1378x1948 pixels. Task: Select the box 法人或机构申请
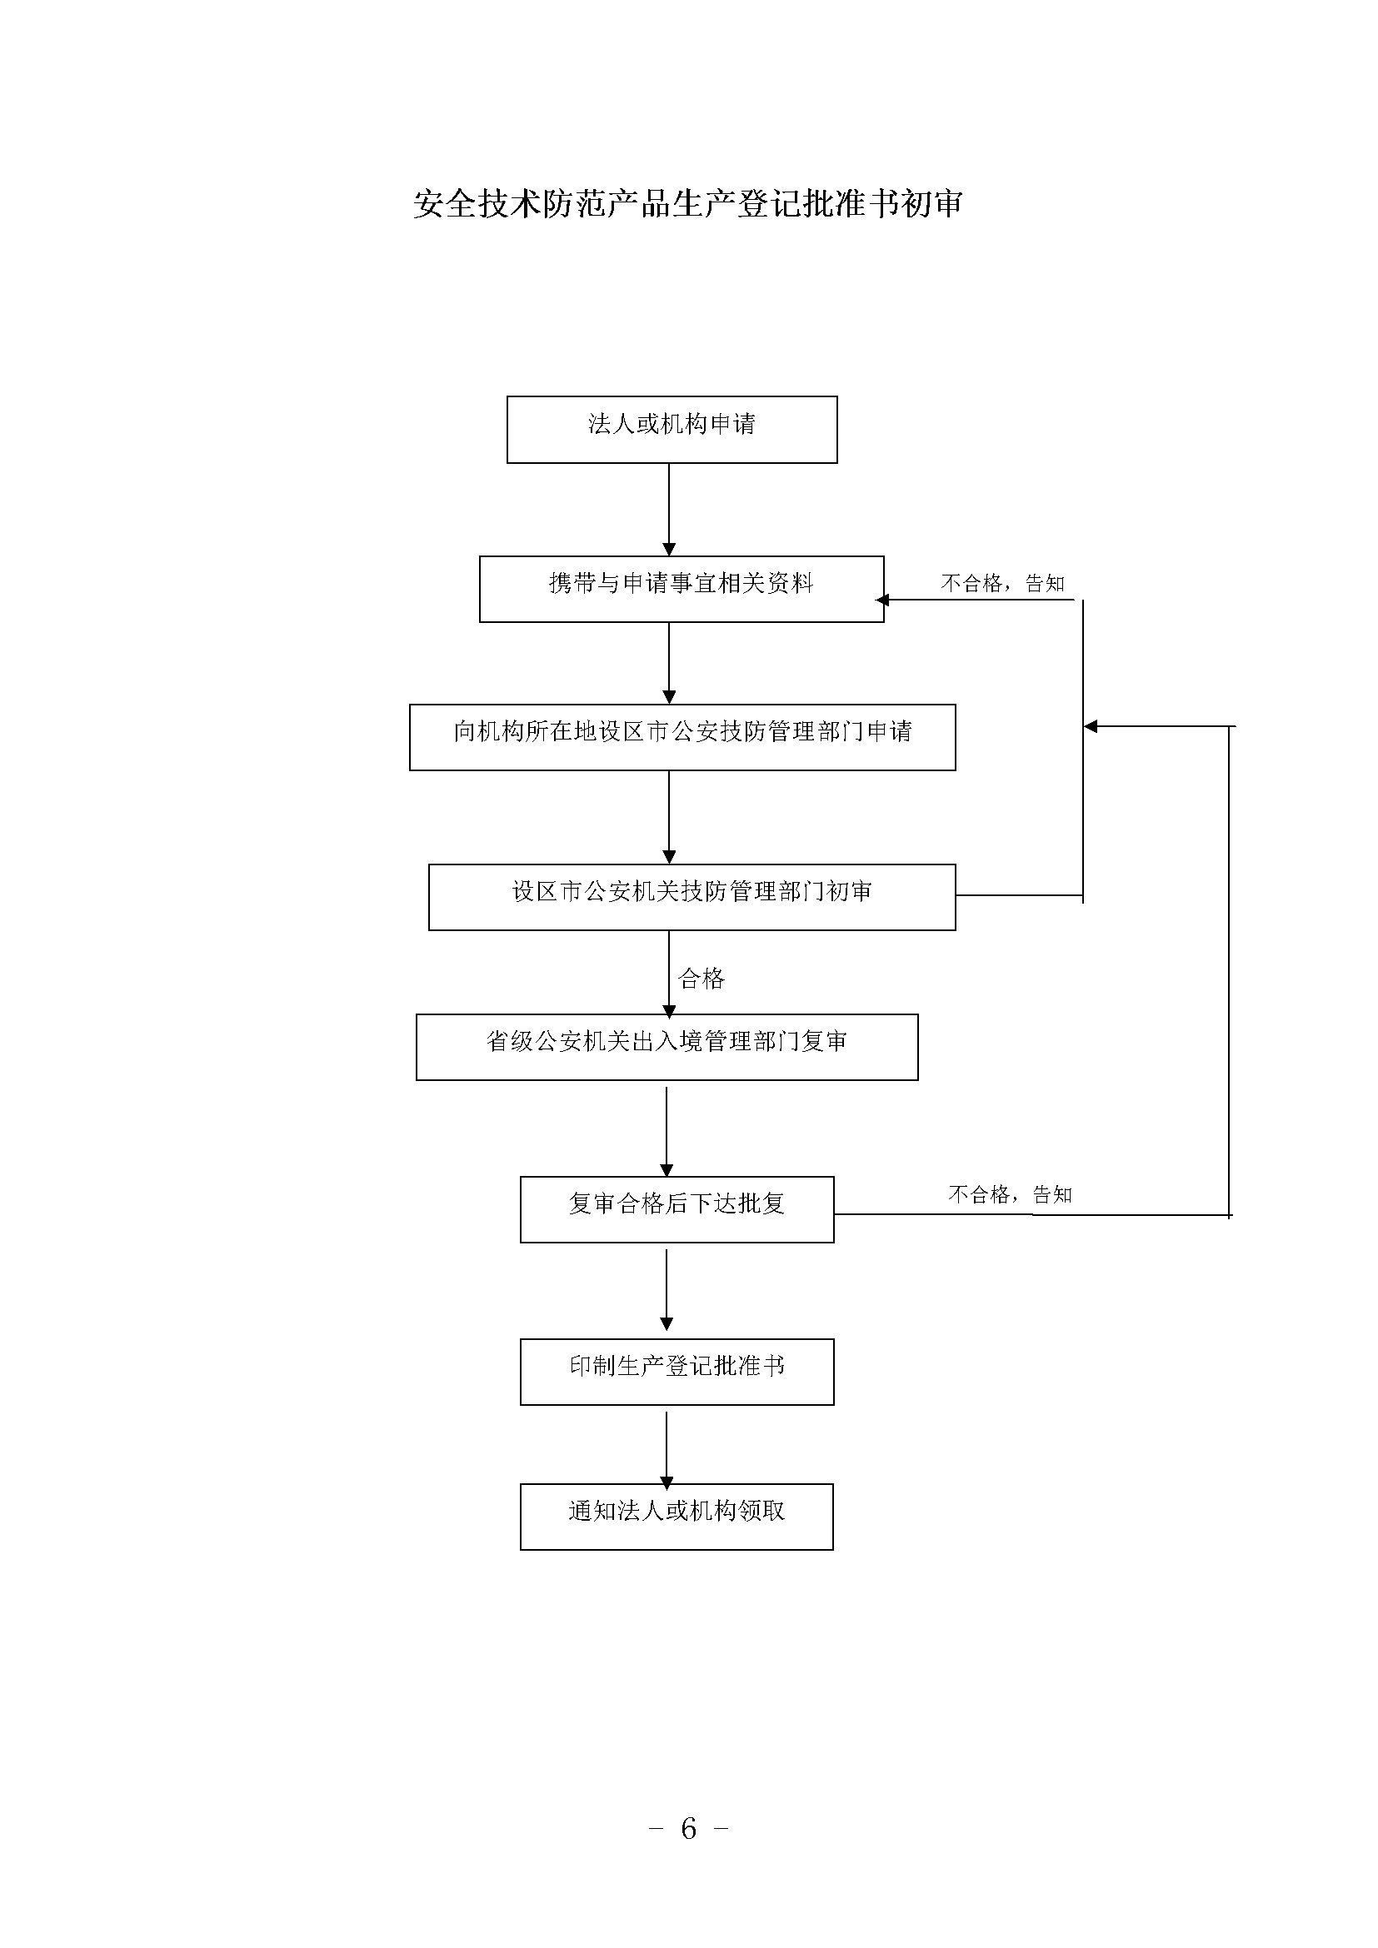tap(672, 429)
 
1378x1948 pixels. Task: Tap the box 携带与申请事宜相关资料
tap(682, 589)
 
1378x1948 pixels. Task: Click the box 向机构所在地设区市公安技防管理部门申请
tap(682, 737)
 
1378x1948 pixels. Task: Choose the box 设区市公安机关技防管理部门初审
tap(691, 897)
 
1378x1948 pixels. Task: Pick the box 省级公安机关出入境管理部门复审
tap(667, 1047)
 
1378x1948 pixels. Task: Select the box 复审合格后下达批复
tap(677, 1210)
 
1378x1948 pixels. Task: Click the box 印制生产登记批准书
tap(677, 1372)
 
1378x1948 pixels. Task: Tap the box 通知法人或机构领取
tap(677, 1517)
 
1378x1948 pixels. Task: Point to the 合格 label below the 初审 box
tap(701, 979)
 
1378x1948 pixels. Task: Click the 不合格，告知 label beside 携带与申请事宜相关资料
tap(1003, 583)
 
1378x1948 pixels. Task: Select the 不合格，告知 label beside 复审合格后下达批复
tap(1010, 1194)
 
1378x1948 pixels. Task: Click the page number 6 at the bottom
tap(688, 1826)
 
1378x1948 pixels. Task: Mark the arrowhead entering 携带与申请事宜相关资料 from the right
tap(882, 600)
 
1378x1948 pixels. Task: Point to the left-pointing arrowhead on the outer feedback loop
tap(1091, 726)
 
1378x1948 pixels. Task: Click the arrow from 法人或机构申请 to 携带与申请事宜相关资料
tap(669, 510)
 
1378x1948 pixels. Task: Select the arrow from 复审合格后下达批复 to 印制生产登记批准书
tap(667, 1290)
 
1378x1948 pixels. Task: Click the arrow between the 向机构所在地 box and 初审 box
tap(669, 818)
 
